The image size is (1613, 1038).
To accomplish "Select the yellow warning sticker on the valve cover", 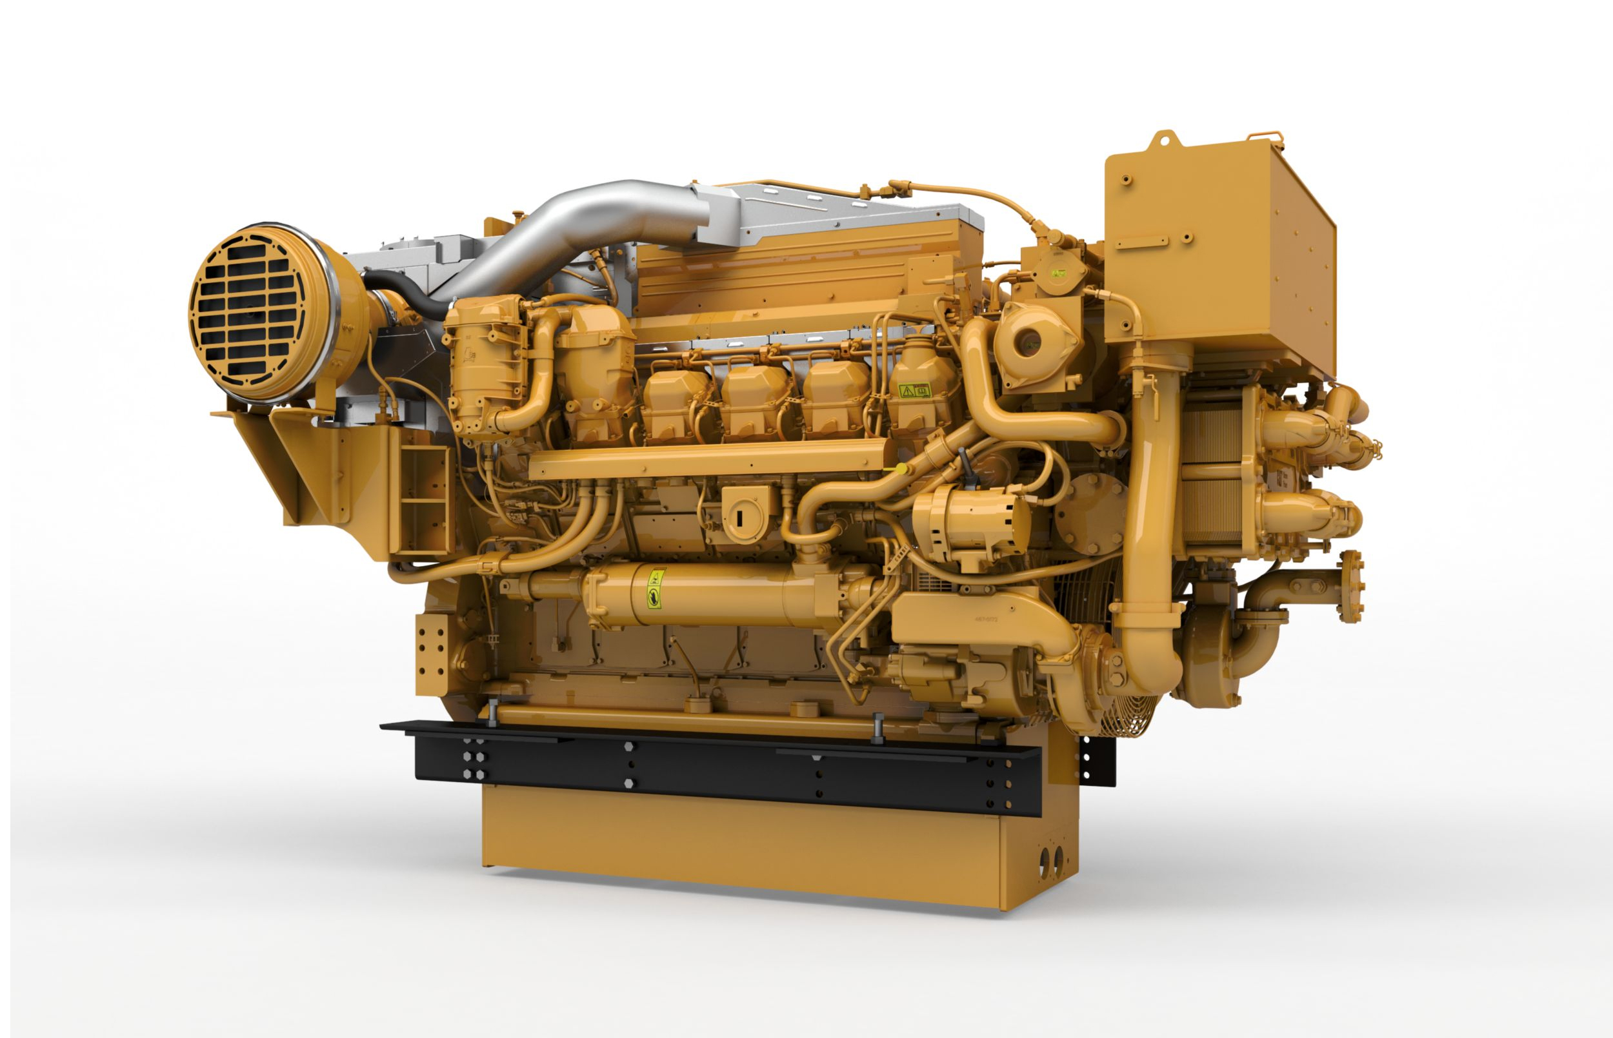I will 914,390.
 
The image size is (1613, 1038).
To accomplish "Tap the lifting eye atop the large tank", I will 1165,140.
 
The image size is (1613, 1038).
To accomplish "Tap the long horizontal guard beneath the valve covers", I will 708,458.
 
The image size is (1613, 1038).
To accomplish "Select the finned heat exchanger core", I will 1214,472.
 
